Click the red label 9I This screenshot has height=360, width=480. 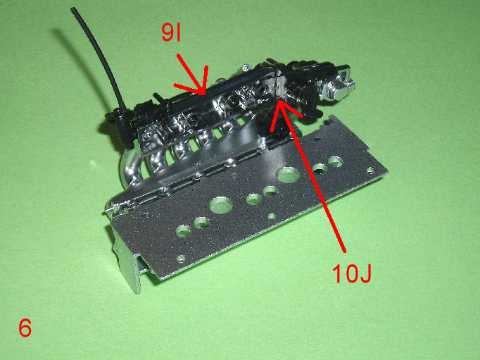point(172,33)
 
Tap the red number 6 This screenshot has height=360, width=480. point(25,328)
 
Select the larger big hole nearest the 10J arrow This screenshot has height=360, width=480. point(288,175)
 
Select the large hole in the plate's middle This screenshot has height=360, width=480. point(221,205)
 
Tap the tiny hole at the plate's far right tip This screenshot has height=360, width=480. point(370,170)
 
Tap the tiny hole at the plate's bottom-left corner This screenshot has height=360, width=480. point(181,259)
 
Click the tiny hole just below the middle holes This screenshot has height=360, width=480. point(271,216)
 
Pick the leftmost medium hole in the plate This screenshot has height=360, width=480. point(184,230)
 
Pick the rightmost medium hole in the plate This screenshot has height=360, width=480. point(336,161)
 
